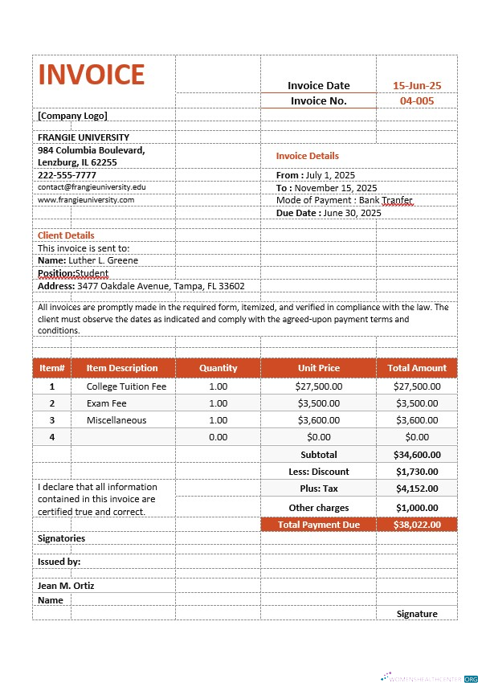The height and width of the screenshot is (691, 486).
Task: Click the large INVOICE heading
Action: click(x=92, y=74)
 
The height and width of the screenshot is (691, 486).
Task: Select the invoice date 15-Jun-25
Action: click(x=416, y=85)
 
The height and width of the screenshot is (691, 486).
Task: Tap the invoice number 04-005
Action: click(x=416, y=100)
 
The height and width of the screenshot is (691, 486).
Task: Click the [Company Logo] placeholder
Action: click(x=72, y=115)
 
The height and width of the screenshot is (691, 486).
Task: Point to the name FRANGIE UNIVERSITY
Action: click(x=84, y=137)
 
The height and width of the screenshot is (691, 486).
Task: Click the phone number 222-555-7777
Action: click(x=67, y=174)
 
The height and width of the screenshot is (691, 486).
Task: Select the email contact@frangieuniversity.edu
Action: click(x=92, y=186)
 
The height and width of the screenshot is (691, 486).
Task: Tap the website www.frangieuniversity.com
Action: click(x=86, y=199)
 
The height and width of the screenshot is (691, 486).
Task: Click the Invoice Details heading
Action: click(x=308, y=156)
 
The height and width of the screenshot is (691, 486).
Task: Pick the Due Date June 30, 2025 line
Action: click(x=329, y=213)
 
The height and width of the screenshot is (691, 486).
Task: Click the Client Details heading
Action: click(x=66, y=235)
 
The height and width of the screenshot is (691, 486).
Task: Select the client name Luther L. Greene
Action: click(x=88, y=260)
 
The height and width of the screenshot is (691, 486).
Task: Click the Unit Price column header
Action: click(x=318, y=368)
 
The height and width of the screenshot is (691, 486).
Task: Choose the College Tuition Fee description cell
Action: click(x=126, y=386)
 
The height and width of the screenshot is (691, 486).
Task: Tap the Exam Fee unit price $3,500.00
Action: click(x=318, y=403)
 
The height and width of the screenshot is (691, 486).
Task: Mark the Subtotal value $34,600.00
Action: click(x=417, y=455)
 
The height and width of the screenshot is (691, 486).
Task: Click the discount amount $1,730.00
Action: click(x=417, y=472)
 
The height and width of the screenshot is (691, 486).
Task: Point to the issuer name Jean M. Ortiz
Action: click(x=66, y=586)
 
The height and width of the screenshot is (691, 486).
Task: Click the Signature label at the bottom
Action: click(x=417, y=614)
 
